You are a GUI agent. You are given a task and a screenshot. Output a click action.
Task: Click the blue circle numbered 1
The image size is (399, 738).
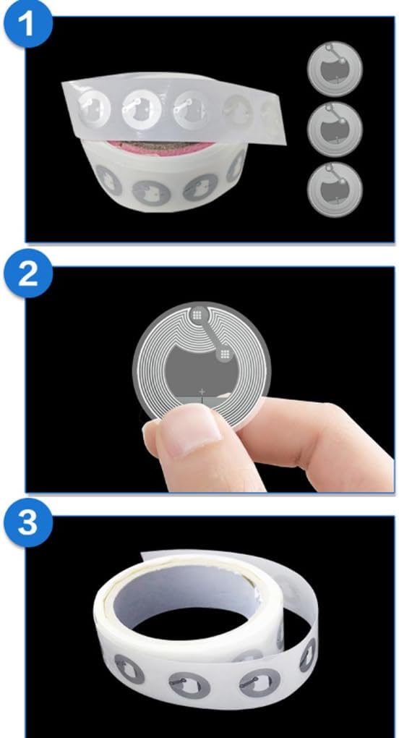coord(28,23)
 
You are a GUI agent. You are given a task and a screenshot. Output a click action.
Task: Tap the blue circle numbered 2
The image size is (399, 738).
coord(28,273)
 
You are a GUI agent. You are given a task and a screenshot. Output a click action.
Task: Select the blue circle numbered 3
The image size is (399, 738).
coord(28,522)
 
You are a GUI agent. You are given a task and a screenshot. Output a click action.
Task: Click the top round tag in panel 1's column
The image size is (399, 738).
coord(335,69)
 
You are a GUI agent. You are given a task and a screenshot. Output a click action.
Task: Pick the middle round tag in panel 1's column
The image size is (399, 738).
coord(335,130)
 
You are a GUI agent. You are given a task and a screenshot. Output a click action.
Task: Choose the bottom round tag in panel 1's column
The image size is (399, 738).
coord(335,190)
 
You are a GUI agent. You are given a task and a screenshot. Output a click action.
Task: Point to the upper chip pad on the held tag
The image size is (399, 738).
coord(197,315)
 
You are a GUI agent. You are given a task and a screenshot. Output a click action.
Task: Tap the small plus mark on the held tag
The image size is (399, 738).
coord(202,391)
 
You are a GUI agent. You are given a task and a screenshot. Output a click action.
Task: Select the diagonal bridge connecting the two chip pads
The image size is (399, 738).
coord(211,334)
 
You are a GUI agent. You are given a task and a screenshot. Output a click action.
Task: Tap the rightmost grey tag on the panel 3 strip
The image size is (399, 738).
coord(308,654)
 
